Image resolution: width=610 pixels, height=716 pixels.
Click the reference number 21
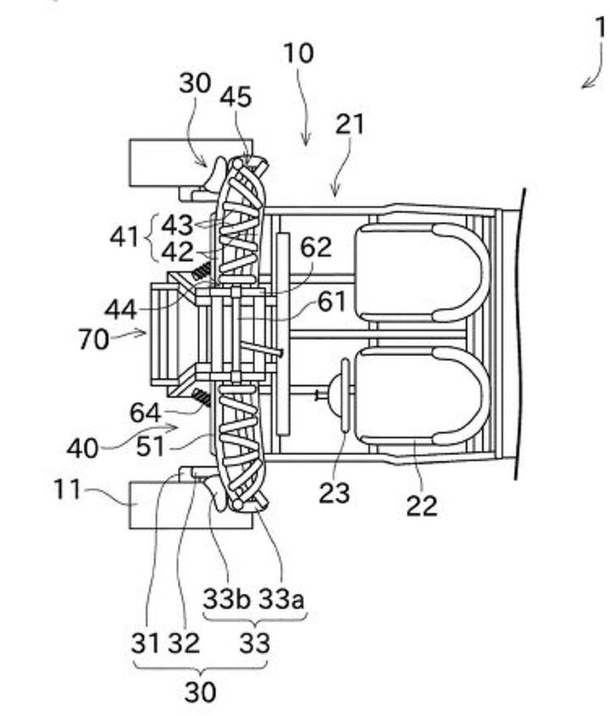click(x=350, y=125)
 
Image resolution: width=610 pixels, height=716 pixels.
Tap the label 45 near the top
click(x=236, y=97)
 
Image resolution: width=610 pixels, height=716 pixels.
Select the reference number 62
click(x=316, y=247)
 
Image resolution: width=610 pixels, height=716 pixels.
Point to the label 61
click(x=331, y=302)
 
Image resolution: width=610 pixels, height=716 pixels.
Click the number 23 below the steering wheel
click(x=334, y=493)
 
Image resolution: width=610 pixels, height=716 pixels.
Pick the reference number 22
click(x=422, y=506)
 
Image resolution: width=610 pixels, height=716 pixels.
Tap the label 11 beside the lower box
click(x=67, y=490)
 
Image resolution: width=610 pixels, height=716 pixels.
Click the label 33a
click(x=281, y=599)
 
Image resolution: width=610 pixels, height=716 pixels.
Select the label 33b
click(x=226, y=599)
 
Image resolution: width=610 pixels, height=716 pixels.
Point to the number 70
click(x=93, y=340)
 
